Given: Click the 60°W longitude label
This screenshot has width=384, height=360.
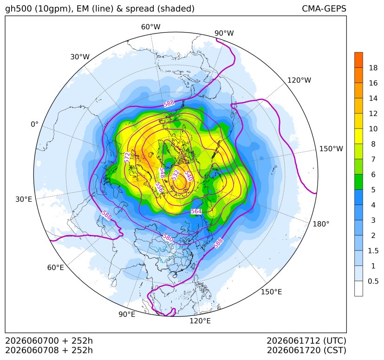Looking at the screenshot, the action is [x=150, y=27].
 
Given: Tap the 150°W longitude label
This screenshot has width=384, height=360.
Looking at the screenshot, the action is [x=331, y=148].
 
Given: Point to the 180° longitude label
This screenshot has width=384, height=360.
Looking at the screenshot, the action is [x=321, y=224].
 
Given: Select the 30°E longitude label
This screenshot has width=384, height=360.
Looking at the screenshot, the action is [x=24, y=199].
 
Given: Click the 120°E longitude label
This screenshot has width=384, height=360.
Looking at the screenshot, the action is [x=200, y=321].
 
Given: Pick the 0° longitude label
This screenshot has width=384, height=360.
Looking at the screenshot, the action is [x=34, y=124].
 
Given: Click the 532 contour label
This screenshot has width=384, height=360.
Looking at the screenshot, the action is [x=176, y=175].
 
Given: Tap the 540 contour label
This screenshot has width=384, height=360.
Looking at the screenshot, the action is [x=189, y=176].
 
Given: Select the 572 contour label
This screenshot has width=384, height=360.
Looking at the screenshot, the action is [x=127, y=157].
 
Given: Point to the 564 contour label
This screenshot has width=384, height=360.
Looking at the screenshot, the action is [x=196, y=211].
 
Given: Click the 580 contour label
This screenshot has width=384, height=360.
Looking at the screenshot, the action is [x=168, y=238].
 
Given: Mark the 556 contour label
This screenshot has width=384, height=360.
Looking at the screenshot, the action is [x=159, y=187].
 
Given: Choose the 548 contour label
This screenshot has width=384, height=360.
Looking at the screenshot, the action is [x=162, y=173].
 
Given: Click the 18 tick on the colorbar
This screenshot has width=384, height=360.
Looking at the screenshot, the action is [x=373, y=68].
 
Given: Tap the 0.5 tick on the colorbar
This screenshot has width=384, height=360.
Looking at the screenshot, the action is [x=373, y=281].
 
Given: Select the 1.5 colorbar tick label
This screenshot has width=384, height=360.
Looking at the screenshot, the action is [x=373, y=251].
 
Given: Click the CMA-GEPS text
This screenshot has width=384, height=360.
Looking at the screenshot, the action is [x=324, y=8].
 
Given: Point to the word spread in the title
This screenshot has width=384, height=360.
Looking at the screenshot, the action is [x=139, y=9].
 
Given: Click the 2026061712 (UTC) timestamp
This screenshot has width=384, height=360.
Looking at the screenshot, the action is [x=306, y=341].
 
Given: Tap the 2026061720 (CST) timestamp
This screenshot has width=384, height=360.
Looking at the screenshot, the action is [x=306, y=350].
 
